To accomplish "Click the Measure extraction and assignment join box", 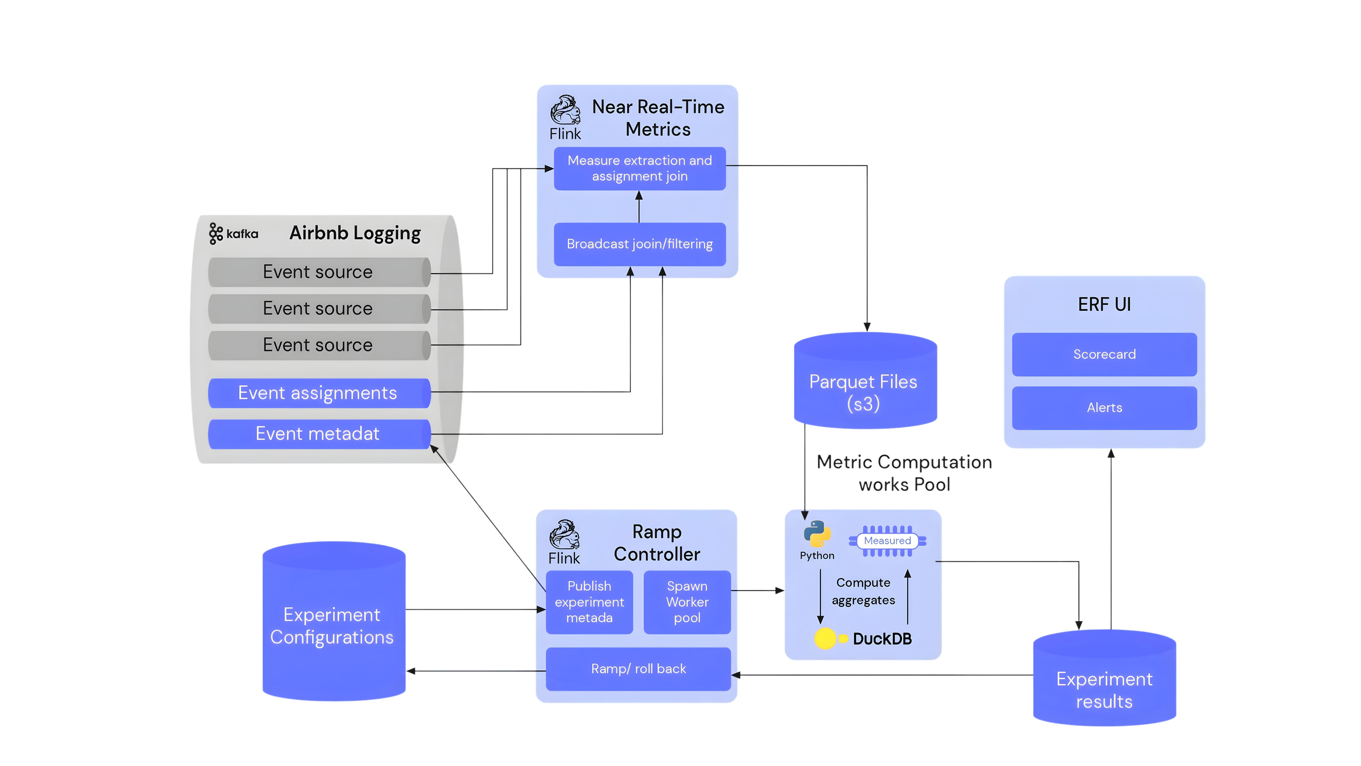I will [639, 168].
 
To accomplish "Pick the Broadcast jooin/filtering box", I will [639, 244].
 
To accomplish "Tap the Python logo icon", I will [817, 534].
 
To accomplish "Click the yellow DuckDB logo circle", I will [825, 638].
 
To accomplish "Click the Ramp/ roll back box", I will [638, 669].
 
